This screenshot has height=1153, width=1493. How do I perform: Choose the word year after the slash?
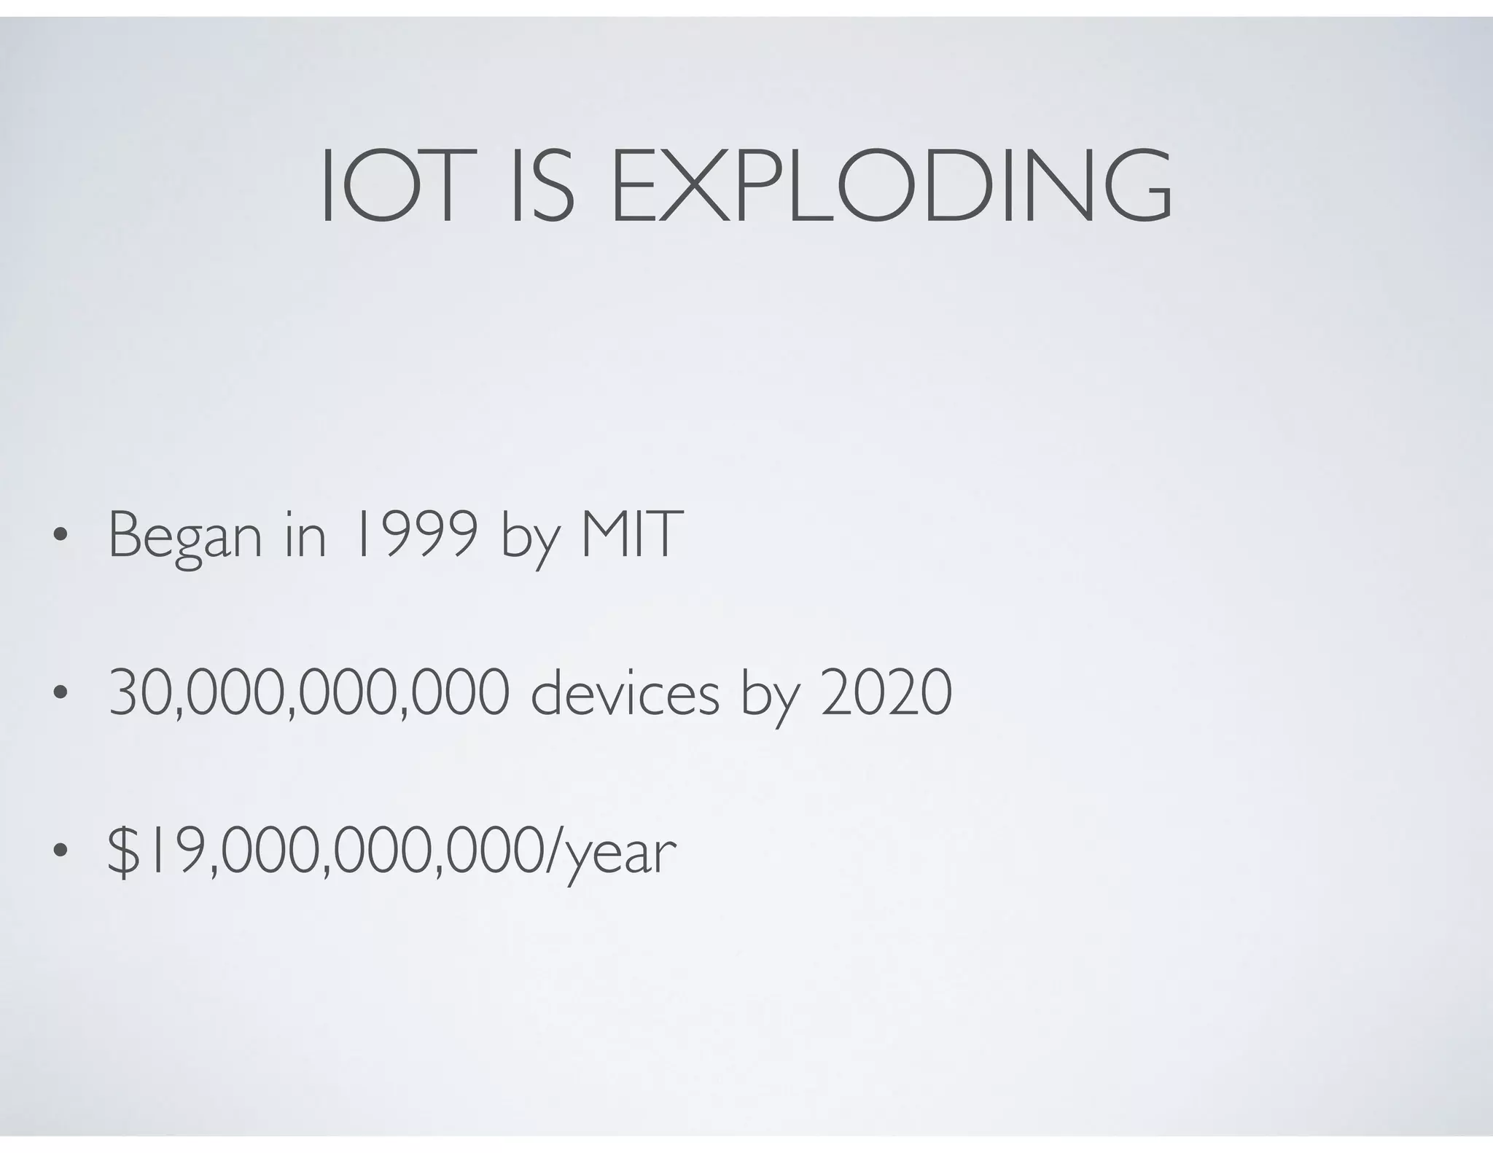coord(622,856)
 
